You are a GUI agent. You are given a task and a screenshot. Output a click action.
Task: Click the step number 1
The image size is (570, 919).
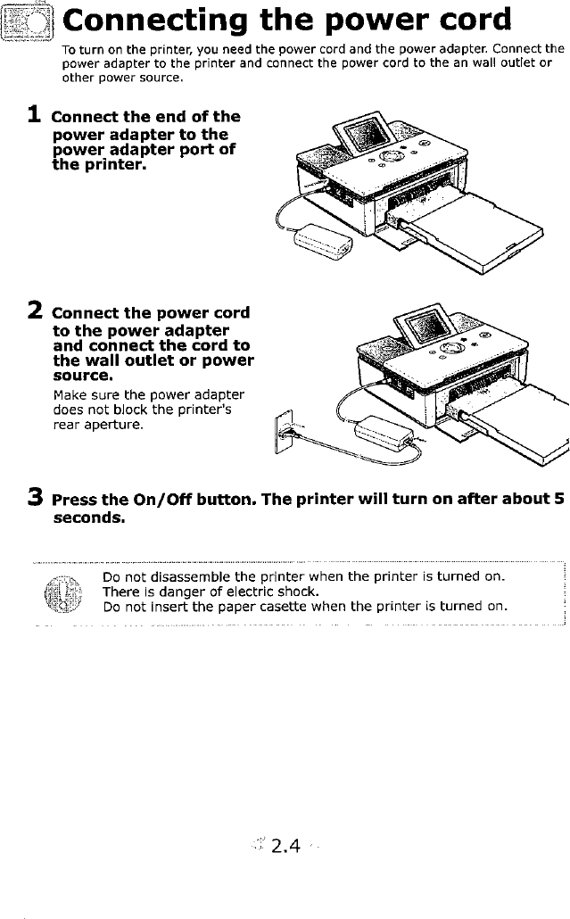[x=34, y=115]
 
